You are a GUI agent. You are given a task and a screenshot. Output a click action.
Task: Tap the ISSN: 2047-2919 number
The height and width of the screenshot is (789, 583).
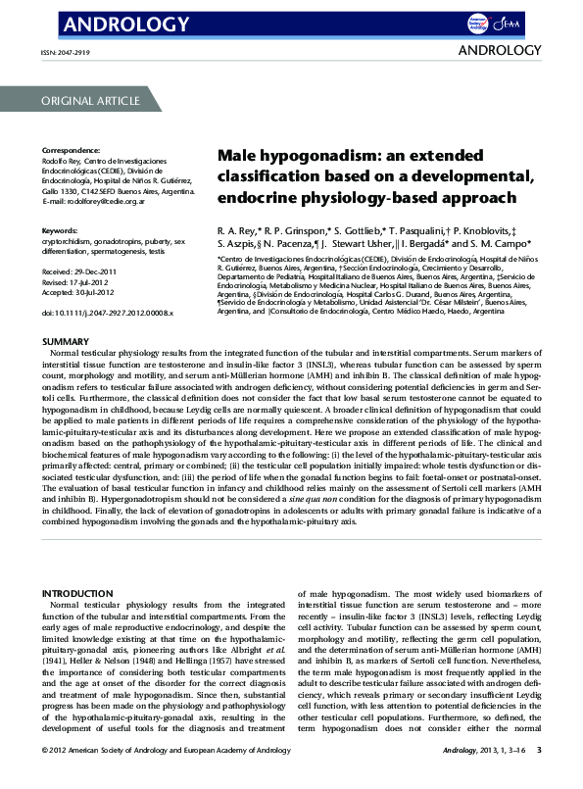69,54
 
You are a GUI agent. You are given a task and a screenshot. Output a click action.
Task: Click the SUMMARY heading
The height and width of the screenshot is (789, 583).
67,341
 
